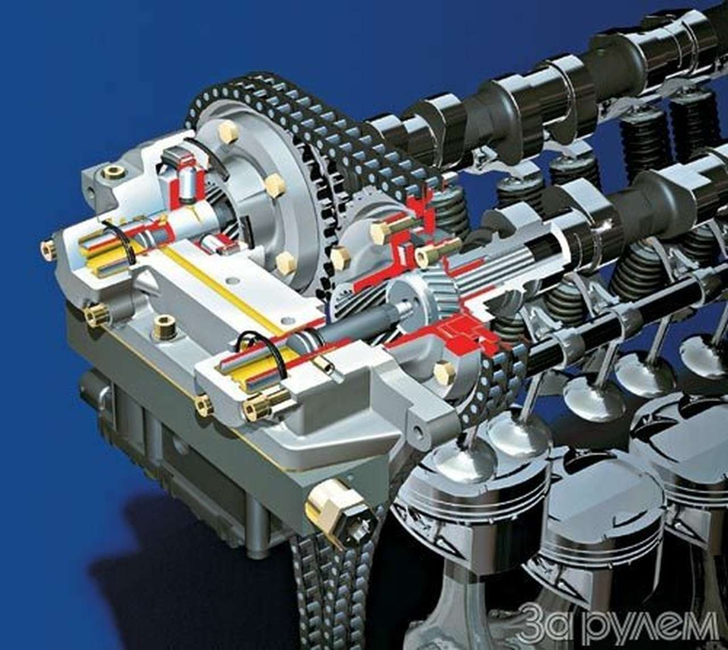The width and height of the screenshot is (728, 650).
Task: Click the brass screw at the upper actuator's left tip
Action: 48,249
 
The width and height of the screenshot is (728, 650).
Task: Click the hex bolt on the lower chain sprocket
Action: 445,374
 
